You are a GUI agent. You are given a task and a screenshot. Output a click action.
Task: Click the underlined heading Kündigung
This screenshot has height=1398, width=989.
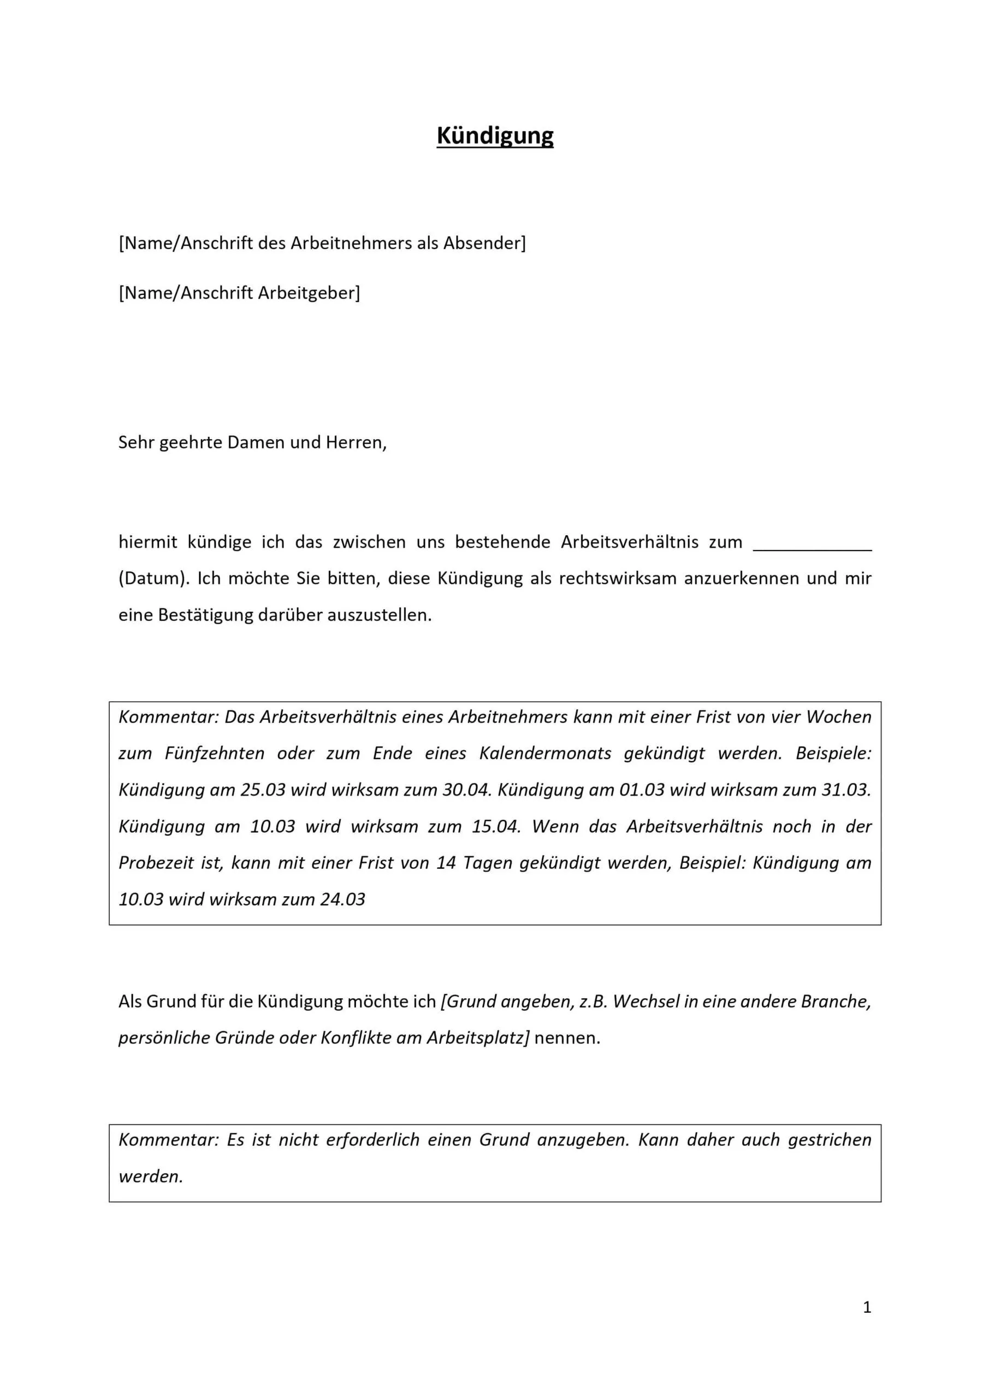tap(495, 136)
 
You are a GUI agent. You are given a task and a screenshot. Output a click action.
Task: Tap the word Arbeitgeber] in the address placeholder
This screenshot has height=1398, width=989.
tap(309, 293)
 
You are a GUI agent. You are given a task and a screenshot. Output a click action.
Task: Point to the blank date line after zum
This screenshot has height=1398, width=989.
tap(813, 544)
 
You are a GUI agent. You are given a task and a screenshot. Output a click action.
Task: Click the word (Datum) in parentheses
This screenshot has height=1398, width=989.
tap(153, 578)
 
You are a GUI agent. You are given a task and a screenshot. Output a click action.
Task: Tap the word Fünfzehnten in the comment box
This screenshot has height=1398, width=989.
tap(215, 753)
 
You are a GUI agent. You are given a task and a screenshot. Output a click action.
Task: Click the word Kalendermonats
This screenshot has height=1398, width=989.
tap(545, 753)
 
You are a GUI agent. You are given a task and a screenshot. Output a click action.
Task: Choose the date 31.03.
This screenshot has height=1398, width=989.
tap(846, 790)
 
